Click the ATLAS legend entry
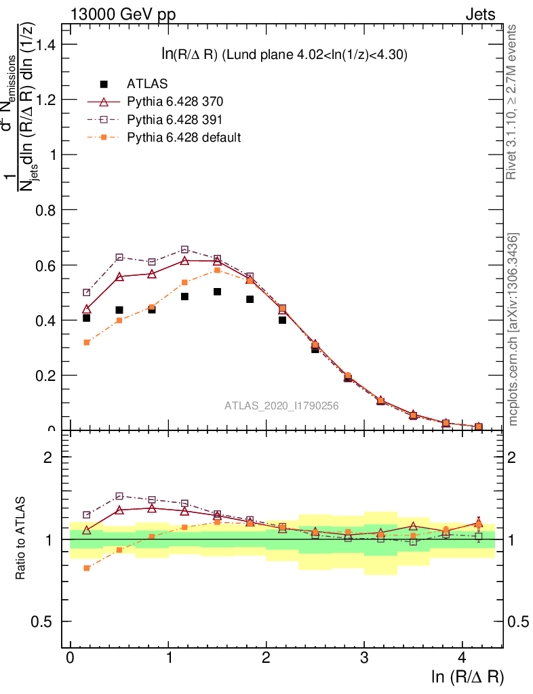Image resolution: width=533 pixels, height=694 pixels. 146,84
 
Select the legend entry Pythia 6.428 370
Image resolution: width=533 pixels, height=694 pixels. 175,102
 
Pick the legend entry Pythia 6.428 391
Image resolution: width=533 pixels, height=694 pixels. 175,119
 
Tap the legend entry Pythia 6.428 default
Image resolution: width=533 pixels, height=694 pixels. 184,137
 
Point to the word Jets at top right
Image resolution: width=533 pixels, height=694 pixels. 480,14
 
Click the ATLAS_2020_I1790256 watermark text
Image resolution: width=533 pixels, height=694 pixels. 281,406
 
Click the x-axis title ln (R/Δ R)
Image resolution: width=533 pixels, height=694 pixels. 467,676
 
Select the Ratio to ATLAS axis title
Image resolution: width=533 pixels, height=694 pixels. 22,539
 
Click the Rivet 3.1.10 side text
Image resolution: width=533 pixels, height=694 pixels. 513,102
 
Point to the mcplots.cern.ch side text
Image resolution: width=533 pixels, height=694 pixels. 513,329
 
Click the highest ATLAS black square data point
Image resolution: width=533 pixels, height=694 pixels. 217,291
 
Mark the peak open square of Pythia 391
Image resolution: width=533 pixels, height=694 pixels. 184,249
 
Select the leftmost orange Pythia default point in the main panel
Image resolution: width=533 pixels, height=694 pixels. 87,342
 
